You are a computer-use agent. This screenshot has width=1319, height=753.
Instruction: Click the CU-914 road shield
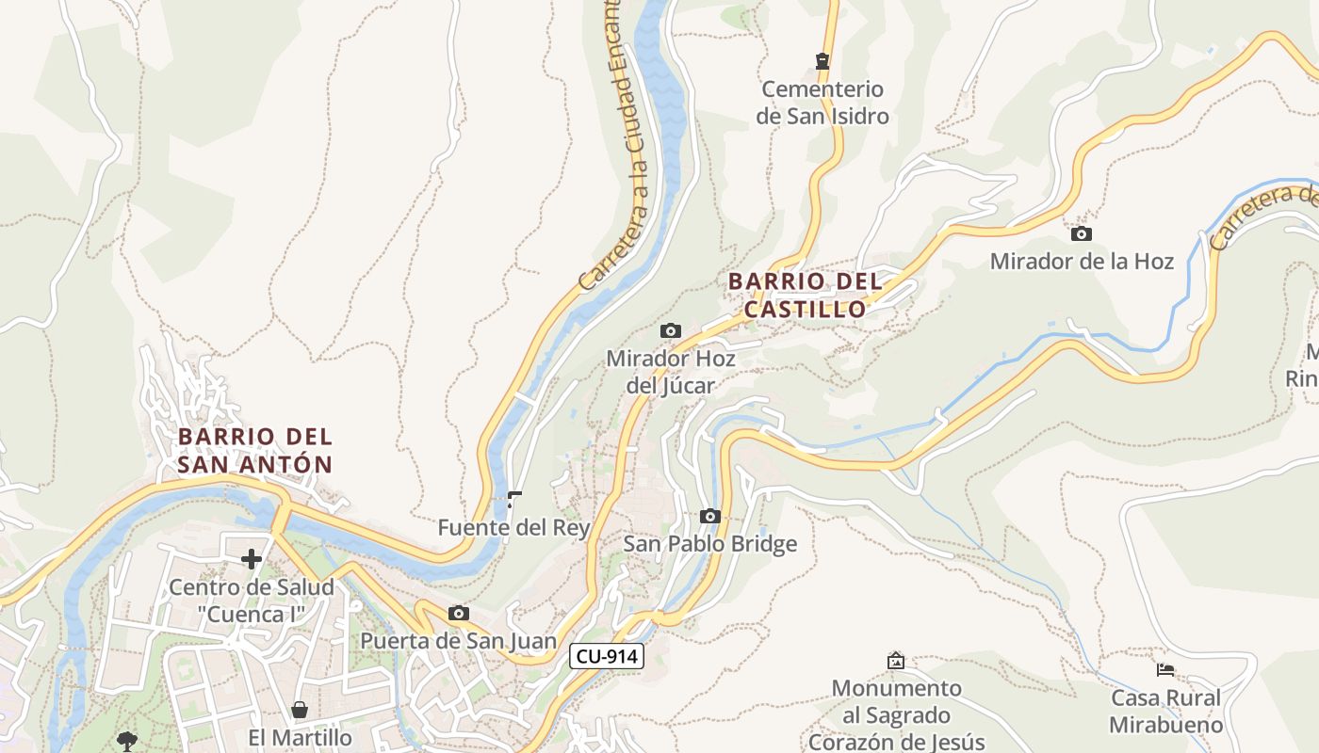click(606, 656)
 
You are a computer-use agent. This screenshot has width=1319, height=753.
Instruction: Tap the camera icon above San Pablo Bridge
click(710, 516)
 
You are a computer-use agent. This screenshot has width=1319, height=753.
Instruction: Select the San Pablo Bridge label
click(710, 544)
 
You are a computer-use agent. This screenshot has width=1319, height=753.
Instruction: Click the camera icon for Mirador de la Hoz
click(1082, 233)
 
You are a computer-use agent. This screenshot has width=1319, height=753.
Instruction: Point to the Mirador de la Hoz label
click(1082, 261)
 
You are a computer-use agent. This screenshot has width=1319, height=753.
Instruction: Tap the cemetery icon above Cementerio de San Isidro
click(822, 61)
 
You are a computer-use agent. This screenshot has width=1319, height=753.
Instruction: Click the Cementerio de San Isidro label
click(822, 103)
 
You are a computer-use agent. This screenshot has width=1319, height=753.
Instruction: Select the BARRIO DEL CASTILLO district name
click(806, 295)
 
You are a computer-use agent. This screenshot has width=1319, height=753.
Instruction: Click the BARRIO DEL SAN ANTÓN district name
click(255, 450)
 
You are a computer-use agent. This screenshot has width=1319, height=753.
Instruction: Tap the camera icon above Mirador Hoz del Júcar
click(671, 330)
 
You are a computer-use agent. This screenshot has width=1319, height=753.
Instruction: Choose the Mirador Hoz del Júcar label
click(671, 372)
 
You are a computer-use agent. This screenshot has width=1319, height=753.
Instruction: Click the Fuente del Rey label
click(513, 528)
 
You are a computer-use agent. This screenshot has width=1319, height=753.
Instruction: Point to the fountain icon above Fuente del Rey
click(514, 499)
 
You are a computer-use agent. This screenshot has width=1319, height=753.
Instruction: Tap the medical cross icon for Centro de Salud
click(252, 559)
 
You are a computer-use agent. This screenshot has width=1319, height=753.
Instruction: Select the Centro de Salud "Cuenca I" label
click(252, 601)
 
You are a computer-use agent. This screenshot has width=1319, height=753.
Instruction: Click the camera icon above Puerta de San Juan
click(459, 614)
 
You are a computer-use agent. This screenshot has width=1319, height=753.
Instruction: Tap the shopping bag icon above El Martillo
click(300, 710)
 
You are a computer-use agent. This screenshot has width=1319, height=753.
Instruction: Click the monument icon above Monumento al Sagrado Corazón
click(896, 661)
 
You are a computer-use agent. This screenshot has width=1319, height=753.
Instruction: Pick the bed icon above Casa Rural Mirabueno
click(1165, 670)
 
